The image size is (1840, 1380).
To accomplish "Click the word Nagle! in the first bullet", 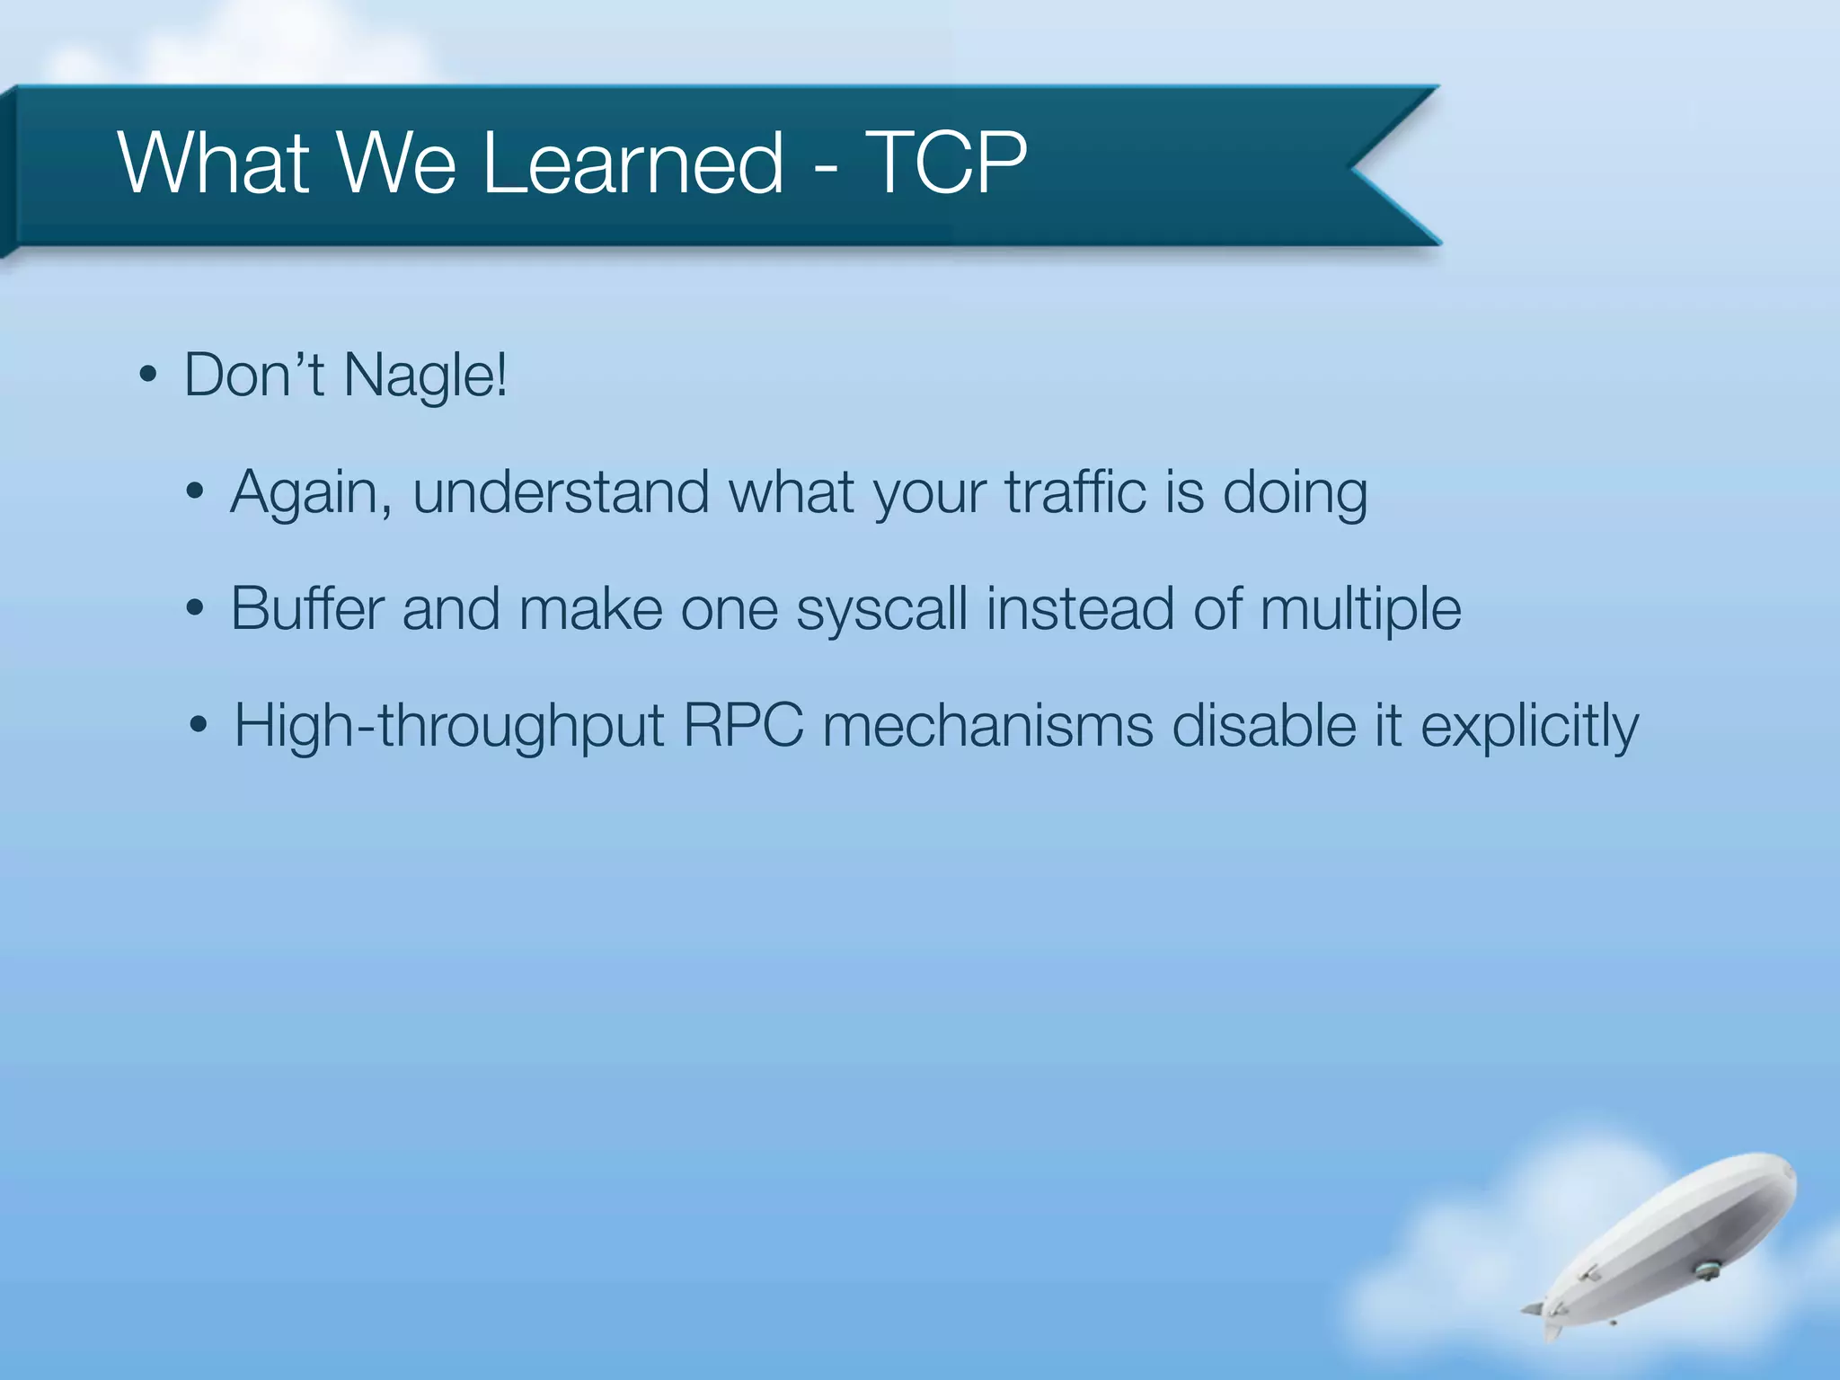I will point(426,376).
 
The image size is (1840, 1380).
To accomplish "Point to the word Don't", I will point(253,376).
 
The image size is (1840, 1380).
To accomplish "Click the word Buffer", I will point(307,609).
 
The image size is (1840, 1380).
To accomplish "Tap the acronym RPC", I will point(743,726).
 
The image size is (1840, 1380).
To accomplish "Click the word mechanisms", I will point(987,726).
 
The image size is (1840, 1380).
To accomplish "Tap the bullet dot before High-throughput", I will point(199,725).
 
